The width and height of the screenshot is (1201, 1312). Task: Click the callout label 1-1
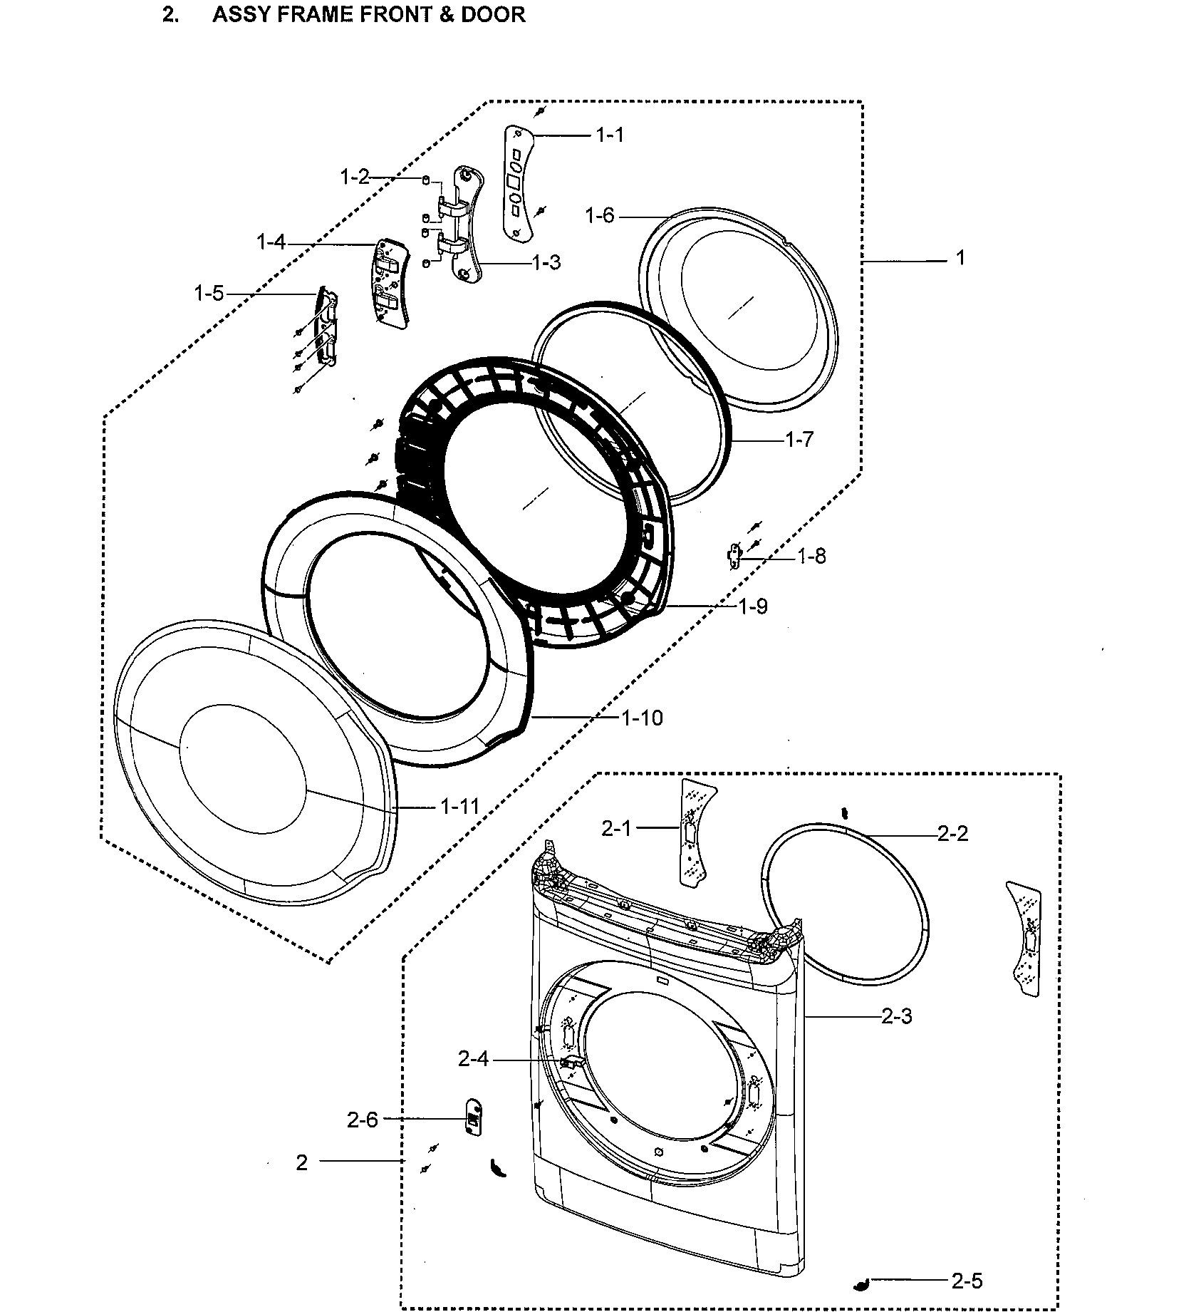(x=610, y=135)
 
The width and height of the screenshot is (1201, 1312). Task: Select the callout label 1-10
(x=642, y=718)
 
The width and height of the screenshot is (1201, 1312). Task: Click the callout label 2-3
(x=897, y=1016)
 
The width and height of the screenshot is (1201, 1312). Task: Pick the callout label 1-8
(x=811, y=556)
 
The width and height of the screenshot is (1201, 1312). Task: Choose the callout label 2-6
(x=363, y=1120)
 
